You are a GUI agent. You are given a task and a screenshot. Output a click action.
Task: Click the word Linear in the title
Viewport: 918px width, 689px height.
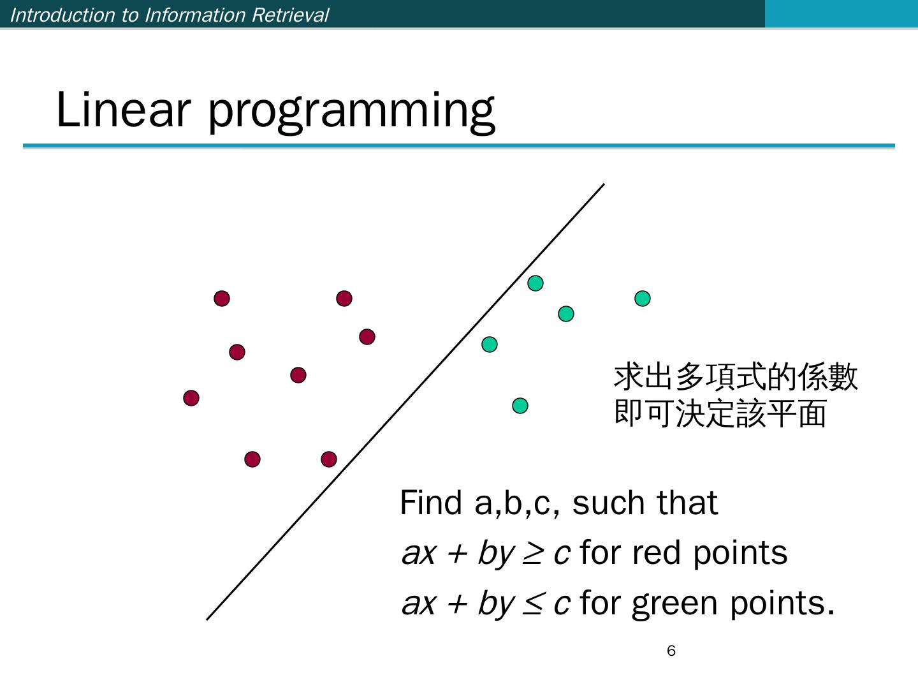124,110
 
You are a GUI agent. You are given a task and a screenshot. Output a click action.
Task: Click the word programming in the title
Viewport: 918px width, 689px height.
351,113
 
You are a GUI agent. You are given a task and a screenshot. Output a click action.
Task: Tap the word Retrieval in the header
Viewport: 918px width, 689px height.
290,15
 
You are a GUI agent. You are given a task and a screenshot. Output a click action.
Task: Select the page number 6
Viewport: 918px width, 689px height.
671,651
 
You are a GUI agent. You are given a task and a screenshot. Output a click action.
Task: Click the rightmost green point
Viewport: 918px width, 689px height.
643,299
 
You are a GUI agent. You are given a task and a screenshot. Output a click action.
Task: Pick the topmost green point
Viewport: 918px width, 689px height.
535,283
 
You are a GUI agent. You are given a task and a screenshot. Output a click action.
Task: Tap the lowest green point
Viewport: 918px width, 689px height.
520,406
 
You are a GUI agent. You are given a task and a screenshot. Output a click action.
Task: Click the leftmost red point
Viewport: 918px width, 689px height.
191,398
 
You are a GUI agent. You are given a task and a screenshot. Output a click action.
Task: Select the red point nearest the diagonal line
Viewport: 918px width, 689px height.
329,459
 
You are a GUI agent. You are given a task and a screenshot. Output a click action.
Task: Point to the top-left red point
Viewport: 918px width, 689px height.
222,299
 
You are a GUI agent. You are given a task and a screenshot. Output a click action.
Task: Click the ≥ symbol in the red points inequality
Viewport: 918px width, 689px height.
533,554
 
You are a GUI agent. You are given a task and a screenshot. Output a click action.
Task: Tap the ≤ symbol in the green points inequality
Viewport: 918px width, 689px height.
533,604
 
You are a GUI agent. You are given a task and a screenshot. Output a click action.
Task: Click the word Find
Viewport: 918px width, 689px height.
431,503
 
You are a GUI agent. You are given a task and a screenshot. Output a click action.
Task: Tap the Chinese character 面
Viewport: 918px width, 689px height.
812,413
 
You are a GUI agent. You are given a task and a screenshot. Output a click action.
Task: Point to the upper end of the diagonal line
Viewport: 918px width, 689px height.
604,184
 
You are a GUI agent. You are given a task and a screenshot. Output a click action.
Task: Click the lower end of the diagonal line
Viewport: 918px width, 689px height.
207,619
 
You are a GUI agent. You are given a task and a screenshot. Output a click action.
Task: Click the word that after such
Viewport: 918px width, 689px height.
687,503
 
